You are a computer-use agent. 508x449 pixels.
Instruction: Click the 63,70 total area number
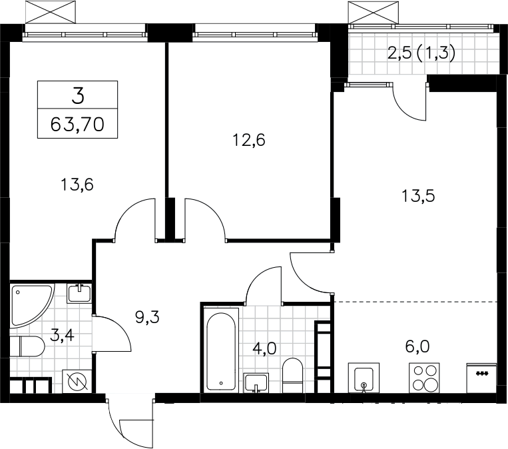77,124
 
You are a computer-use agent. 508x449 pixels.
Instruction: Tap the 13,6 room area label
77,185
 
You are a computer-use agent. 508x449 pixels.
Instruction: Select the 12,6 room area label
249,140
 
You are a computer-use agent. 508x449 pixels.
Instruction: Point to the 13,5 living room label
418,196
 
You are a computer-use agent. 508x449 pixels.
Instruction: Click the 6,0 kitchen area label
417,346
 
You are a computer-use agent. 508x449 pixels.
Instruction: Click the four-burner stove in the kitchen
424,378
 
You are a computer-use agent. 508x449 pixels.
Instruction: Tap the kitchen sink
364,378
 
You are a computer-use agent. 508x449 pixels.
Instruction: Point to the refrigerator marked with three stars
481,378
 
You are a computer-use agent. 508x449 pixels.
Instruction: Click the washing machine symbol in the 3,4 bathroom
77,381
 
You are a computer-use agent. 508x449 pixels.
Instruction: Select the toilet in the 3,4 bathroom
27,346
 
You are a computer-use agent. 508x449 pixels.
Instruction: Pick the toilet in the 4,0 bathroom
292,376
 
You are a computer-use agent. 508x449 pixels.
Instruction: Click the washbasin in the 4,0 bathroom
256,383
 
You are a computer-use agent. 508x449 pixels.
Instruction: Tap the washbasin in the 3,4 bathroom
79,293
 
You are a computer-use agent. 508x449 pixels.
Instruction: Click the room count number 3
78,96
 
